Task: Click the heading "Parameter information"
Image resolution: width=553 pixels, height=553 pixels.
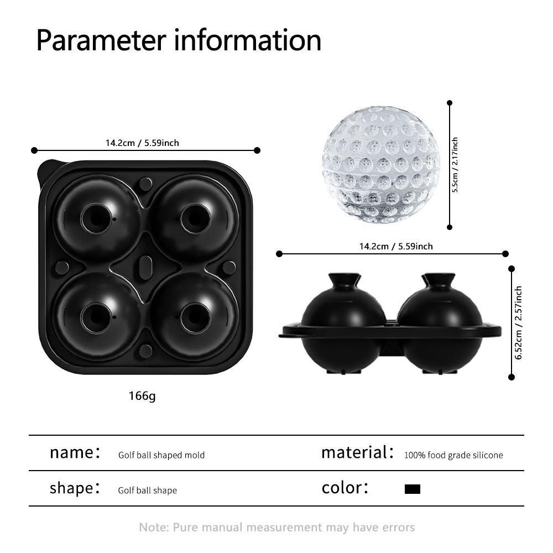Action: click(179, 40)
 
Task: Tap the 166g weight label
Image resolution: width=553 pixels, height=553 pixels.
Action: click(142, 396)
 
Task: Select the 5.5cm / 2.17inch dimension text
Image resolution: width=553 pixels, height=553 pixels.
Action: click(455, 165)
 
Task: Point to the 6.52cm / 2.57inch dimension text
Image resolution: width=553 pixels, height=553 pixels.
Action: click(518, 323)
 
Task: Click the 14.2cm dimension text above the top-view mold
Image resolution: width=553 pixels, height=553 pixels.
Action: click(142, 143)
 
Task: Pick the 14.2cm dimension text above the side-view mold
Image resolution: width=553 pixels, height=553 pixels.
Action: click(393, 246)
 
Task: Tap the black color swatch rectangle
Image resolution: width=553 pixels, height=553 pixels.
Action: click(413, 489)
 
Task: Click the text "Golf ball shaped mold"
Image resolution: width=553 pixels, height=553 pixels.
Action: click(161, 455)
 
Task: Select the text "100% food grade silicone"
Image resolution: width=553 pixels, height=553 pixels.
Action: click(453, 455)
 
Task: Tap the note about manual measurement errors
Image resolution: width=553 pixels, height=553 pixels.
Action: click(276, 527)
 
